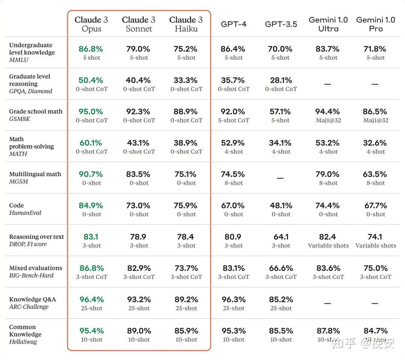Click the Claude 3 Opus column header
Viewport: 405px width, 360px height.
click(91, 24)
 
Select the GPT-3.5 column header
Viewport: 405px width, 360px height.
click(281, 24)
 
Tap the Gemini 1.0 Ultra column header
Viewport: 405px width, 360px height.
click(328, 24)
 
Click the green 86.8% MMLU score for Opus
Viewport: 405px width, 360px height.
click(91, 49)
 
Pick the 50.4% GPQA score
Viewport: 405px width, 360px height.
click(91, 80)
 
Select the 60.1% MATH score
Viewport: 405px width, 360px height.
click(91, 143)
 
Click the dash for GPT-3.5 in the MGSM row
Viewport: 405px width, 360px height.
click(280, 178)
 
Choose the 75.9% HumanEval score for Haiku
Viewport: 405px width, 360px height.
click(186, 206)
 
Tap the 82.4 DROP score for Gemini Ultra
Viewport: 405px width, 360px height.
click(327, 237)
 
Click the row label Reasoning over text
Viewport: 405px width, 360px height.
click(36, 237)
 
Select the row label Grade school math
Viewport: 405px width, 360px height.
click(36, 111)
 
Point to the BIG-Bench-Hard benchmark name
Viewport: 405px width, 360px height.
click(31, 276)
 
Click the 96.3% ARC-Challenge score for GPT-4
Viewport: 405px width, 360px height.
click(234, 300)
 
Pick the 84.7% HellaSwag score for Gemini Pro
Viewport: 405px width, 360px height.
click(376, 331)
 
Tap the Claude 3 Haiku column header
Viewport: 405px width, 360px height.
click(186, 24)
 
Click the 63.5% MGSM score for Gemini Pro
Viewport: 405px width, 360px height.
click(375, 174)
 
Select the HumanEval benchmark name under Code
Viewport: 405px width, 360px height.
click(25, 213)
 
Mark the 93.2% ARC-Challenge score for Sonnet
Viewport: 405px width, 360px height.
click(139, 300)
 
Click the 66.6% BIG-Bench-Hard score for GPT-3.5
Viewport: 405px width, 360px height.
click(281, 268)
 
